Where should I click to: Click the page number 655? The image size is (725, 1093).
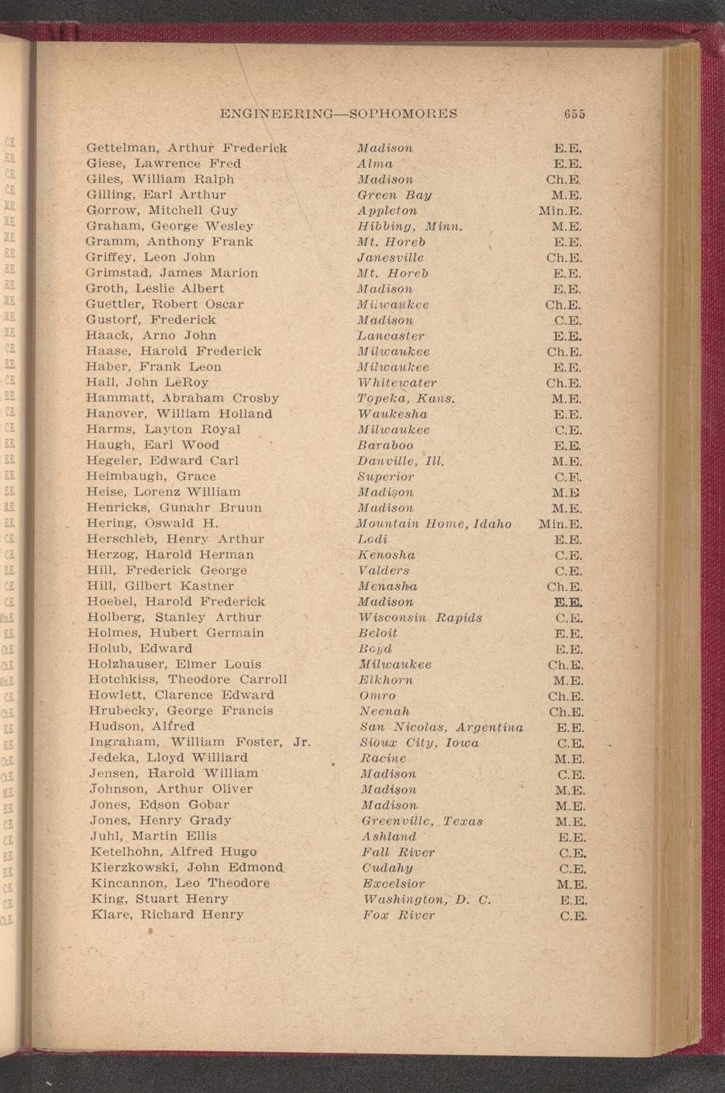pyautogui.click(x=575, y=113)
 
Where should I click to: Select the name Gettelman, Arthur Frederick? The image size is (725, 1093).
pyautogui.click(x=186, y=148)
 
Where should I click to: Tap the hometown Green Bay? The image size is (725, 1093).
pyautogui.click(x=394, y=195)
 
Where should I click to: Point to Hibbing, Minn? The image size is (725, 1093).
pyautogui.click(x=409, y=227)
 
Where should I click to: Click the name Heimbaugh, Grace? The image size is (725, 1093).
pyautogui.click(x=151, y=476)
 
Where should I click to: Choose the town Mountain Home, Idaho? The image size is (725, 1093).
pyautogui.click(x=434, y=524)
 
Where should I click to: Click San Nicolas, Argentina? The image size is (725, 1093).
pyautogui.click(x=441, y=727)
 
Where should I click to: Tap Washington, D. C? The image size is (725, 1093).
pyautogui.click(x=427, y=900)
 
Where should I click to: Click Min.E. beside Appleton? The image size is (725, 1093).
pyautogui.click(x=560, y=211)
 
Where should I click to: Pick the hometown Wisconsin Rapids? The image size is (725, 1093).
pyautogui.click(x=419, y=618)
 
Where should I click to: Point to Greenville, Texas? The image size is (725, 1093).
pyautogui.click(x=422, y=821)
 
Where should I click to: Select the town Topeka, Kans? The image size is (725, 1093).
pyautogui.click(x=407, y=398)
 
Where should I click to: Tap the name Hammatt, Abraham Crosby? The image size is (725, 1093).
pyautogui.click(x=182, y=398)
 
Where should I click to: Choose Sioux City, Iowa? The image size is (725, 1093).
pyautogui.click(x=419, y=743)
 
